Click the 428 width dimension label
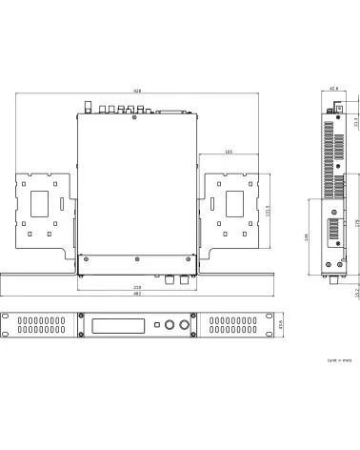tap(138, 91)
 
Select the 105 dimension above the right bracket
tap(229, 152)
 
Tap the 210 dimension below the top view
tap(138, 287)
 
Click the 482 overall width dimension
tap(138, 295)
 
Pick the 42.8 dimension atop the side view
tap(333, 89)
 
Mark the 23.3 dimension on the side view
tap(355, 122)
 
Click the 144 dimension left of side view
tap(306, 238)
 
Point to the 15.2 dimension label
tap(355, 290)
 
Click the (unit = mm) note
tap(339, 360)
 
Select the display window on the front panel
tap(118, 325)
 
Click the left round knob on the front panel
tap(171, 325)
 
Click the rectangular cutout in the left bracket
tap(42, 202)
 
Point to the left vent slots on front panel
tap(42, 325)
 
